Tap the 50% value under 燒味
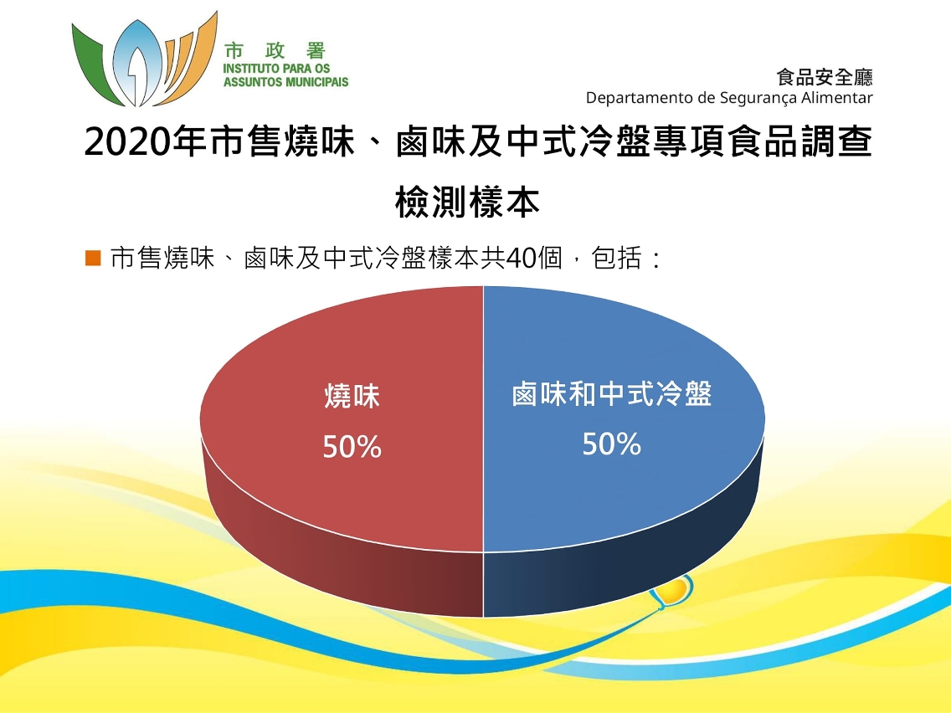click(352, 448)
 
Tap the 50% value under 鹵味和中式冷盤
click(611, 444)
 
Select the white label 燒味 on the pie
click(352, 397)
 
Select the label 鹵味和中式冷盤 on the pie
click(611, 394)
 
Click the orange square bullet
click(93, 259)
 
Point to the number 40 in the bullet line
click(521, 259)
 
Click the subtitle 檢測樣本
click(468, 202)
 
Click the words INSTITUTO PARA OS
click(276, 69)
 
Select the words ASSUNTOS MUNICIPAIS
click(285, 82)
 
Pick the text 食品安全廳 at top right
click(825, 78)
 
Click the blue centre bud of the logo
click(137, 60)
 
